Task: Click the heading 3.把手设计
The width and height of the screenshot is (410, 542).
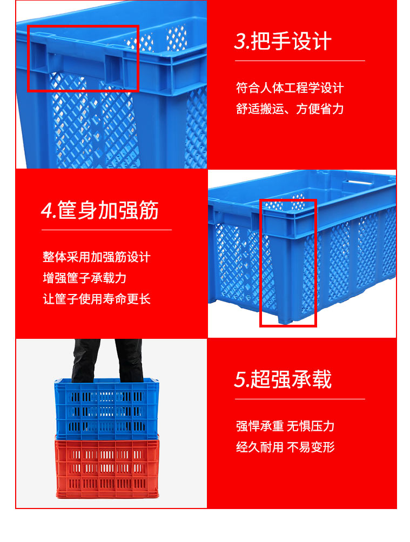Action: (283, 42)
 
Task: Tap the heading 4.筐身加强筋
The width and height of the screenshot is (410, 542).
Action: (100, 210)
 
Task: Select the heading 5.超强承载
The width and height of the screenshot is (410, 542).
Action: (283, 380)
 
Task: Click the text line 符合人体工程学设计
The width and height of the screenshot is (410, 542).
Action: (290, 88)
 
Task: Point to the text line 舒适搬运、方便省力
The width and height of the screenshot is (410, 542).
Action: (290, 109)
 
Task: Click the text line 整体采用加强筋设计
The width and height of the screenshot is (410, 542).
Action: (96, 257)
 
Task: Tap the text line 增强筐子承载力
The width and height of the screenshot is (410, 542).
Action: (84, 278)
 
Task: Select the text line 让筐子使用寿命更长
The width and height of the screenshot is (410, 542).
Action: (96, 299)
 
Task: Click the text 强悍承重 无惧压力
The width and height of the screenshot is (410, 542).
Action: (285, 426)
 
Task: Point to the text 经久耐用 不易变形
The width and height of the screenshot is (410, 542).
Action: (285, 447)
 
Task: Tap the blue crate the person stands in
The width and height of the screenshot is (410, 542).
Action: (107, 408)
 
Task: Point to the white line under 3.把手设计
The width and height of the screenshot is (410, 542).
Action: (300, 61)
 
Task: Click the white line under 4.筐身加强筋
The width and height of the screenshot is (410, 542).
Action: (106, 230)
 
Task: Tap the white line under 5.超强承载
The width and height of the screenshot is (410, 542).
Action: (300, 399)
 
